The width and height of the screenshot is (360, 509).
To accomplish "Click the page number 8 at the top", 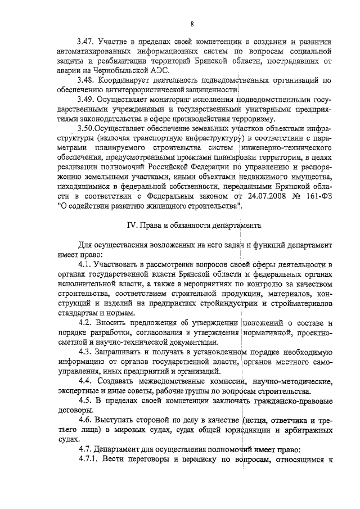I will [192, 23].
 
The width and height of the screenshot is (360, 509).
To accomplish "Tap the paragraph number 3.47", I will [87, 42].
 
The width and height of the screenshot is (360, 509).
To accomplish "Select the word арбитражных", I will [306, 430].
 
